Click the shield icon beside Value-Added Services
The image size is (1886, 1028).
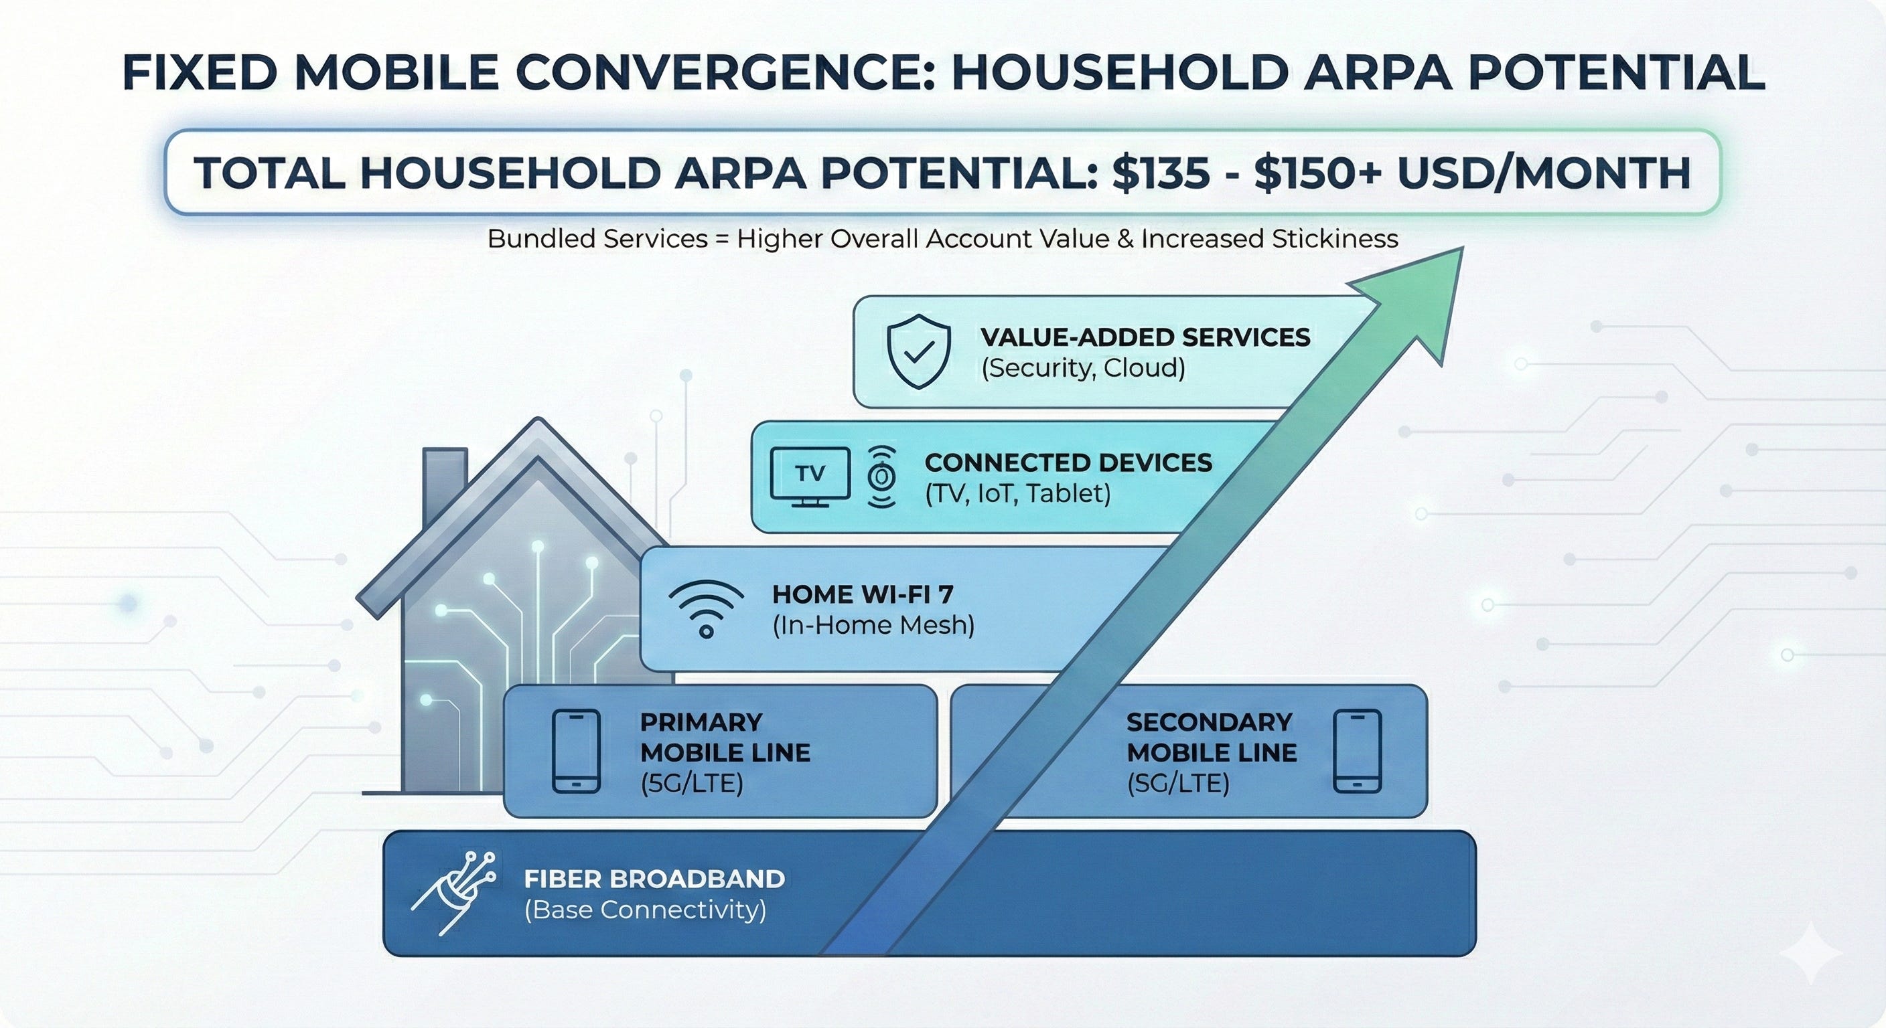click(x=918, y=352)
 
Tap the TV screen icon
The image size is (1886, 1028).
click(x=810, y=477)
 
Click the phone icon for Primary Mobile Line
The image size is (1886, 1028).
click(x=576, y=752)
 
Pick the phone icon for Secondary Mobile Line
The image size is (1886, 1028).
click(x=1357, y=752)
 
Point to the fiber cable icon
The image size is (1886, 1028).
click(x=455, y=892)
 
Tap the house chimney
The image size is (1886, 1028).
click(x=445, y=476)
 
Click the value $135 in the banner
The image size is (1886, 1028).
click(x=1161, y=173)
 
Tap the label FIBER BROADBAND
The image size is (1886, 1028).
click(x=654, y=879)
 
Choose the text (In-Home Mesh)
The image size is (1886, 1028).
click(x=873, y=626)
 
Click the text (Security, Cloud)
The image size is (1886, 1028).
click(x=1083, y=367)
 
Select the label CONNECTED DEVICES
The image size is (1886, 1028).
click(x=1068, y=462)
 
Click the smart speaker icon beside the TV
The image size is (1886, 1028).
click(x=881, y=477)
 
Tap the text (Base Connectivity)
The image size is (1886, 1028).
click(x=645, y=910)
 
